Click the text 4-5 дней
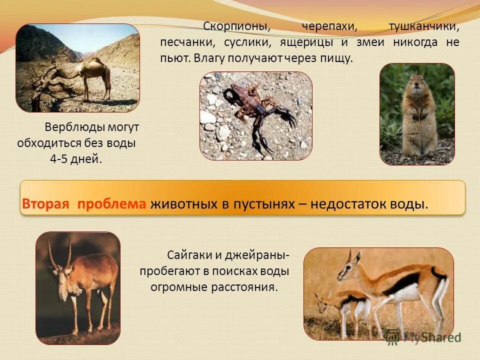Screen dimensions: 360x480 [x=76, y=159]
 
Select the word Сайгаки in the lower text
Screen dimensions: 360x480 [x=189, y=255]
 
